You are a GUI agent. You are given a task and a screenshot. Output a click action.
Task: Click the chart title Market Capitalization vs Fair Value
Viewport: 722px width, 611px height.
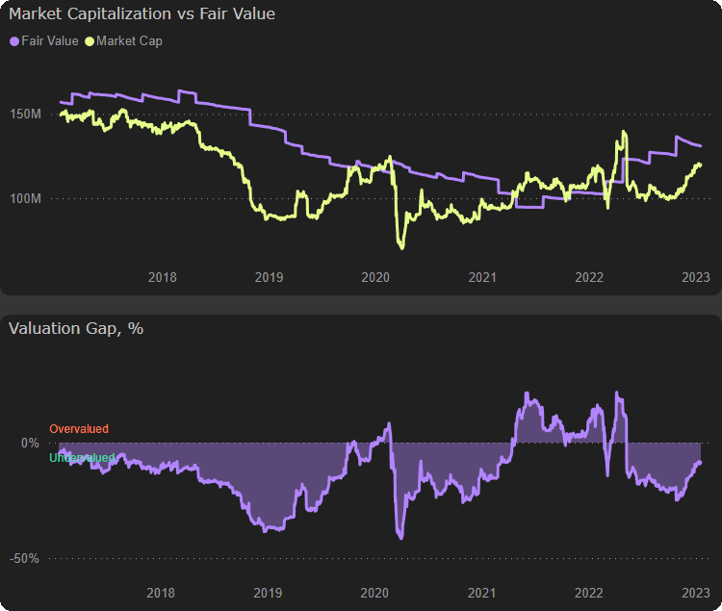(x=142, y=14)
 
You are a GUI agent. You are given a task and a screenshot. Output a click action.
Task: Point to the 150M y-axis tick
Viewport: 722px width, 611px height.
(x=27, y=115)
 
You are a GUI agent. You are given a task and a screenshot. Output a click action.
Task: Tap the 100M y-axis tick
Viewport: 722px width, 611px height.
(x=27, y=198)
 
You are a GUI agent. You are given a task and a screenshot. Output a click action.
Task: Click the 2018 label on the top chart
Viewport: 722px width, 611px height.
(x=163, y=277)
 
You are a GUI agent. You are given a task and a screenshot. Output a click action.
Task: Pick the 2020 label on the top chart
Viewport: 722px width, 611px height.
(x=375, y=277)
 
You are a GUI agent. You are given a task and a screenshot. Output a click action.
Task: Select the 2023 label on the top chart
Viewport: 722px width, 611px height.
(x=695, y=277)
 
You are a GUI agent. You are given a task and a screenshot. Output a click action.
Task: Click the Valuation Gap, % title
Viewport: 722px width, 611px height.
(x=76, y=328)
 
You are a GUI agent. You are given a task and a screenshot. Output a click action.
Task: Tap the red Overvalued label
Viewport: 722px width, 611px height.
(x=79, y=428)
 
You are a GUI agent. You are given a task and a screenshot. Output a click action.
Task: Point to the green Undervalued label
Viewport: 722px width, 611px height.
(x=82, y=458)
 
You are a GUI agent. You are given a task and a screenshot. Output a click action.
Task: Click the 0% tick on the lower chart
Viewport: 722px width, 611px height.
(x=30, y=444)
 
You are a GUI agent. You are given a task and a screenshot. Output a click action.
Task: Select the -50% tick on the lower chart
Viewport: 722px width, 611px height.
(x=25, y=558)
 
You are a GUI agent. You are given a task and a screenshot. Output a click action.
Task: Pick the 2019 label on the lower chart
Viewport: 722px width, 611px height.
(x=268, y=593)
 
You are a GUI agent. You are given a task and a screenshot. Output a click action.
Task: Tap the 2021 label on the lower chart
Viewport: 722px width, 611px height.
(x=481, y=593)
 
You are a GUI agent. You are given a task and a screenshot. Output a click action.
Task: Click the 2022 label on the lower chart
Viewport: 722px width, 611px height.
(x=588, y=593)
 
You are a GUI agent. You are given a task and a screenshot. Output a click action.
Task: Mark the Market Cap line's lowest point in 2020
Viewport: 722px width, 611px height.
(x=401, y=248)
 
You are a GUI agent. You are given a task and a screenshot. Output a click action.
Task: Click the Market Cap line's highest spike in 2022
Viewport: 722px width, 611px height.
(x=625, y=132)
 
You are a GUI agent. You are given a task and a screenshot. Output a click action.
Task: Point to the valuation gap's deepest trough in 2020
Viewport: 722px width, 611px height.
(x=400, y=537)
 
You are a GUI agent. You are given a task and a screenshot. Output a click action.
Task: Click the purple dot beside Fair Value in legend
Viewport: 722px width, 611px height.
(x=13, y=41)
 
